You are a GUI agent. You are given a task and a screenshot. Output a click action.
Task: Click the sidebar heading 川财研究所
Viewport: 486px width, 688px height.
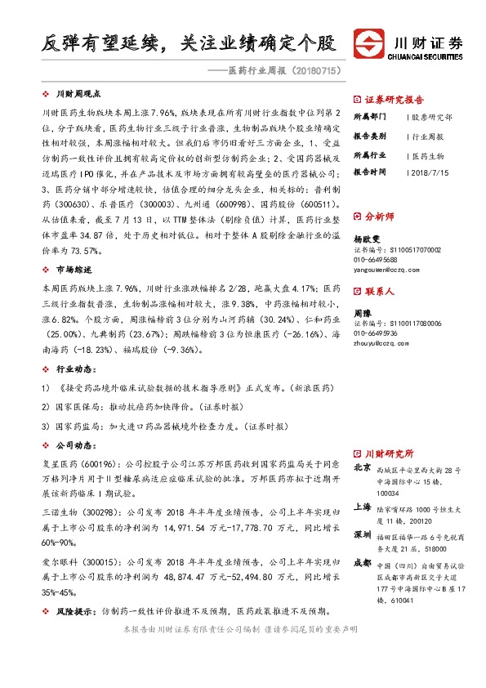[x=388, y=453]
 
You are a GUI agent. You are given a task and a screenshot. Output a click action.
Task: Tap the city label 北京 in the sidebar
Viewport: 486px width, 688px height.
[x=362, y=468]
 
